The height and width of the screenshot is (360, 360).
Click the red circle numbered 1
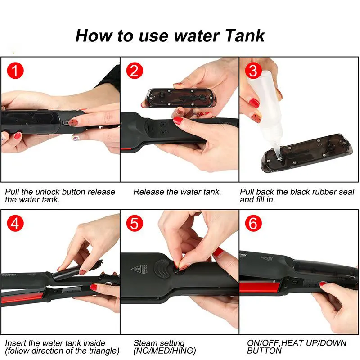pyautogui.click(x=15, y=71)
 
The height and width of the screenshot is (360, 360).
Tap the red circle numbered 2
pyautogui.click(x=135, y=71)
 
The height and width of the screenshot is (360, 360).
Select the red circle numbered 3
pyautogui.click(x=253, y=71)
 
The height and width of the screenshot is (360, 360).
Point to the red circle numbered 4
pyautogui.click(x=15, y=223)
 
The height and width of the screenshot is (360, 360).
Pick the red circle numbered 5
pyautogui.click(x=135, y=223)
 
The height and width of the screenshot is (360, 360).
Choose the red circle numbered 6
pyautogui.click(x=253, y=223)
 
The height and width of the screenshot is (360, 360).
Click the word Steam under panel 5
pyautogui.click(x=145, y=343)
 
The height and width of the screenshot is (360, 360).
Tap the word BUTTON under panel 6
pyautogui.click(x=264, y=351)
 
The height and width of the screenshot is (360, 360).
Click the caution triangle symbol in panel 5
pyautogui.click(x=137, y=269)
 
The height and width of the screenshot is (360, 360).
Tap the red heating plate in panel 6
pyautogui.click(x=260, y=288)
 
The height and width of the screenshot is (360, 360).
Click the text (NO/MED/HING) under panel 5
pyautogui.click(x=165, y=351)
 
